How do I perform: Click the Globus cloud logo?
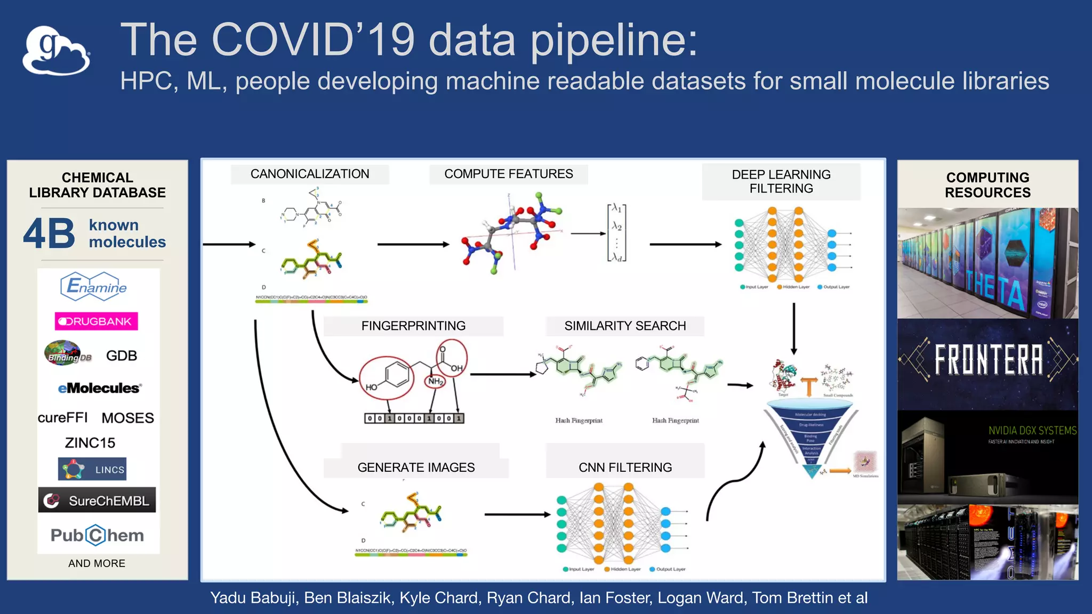click(56, 51)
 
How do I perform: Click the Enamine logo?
click(94, 286)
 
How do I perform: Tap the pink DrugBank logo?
click(96, 321)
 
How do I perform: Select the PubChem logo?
click(97, 535)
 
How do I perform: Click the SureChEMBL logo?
click(97, 500)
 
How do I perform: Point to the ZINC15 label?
click(90, 442)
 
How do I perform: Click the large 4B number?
click(49, 233)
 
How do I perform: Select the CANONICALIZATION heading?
click(310, 174)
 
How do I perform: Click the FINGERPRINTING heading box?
click(413, 326)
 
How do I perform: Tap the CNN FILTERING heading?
click(625, 467)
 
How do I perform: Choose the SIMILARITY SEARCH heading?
click(625, 326)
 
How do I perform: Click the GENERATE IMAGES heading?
click(416, 467)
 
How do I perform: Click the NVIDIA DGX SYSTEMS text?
click(1032, 431)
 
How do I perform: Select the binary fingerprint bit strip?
click(414, 418)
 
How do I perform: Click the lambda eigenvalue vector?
click(616, 233)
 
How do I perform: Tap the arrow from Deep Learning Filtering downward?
click(793, 328)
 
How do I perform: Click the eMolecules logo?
click(99, 388)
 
